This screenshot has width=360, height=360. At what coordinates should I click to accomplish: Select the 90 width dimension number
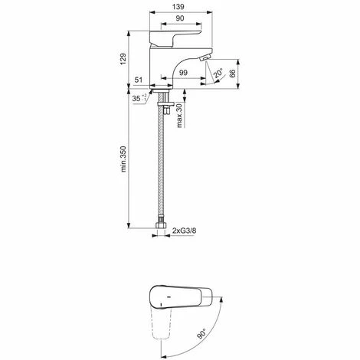point(179,18)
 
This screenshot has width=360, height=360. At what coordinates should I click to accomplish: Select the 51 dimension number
point(139,79)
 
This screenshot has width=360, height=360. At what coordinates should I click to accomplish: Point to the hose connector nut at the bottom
point(162,227)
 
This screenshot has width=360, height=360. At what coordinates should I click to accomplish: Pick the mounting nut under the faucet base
point(161,97)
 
